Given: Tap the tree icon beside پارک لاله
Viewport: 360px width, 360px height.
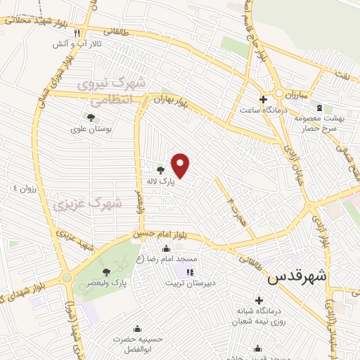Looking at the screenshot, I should click(x=161, y=169).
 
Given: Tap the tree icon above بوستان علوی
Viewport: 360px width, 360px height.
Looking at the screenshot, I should click(x=90, y=117).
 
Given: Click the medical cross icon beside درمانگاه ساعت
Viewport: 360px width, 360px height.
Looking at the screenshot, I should click(x=263, y=100).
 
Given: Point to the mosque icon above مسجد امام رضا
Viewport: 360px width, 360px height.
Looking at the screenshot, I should click(x=166, y=248).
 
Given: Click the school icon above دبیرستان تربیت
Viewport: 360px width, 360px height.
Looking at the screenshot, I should click(x=189, y=272).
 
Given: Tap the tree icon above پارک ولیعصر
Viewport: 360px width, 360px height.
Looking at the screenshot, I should click(x=106, y=271).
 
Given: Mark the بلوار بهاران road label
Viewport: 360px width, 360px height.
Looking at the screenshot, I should click(x=172, y=101).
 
